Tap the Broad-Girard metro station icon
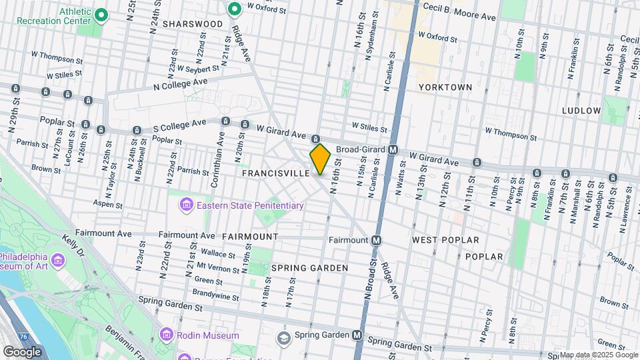coord(393,150)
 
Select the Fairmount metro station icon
coord(377,240)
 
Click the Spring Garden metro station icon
coord(358,335)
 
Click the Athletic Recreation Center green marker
coord(101,15)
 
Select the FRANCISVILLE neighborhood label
coord(276,173)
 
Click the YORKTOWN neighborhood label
coord(445,87)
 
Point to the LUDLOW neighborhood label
coord(581,110)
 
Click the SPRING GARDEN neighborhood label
coord(309,268)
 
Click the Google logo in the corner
coord(22,351)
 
